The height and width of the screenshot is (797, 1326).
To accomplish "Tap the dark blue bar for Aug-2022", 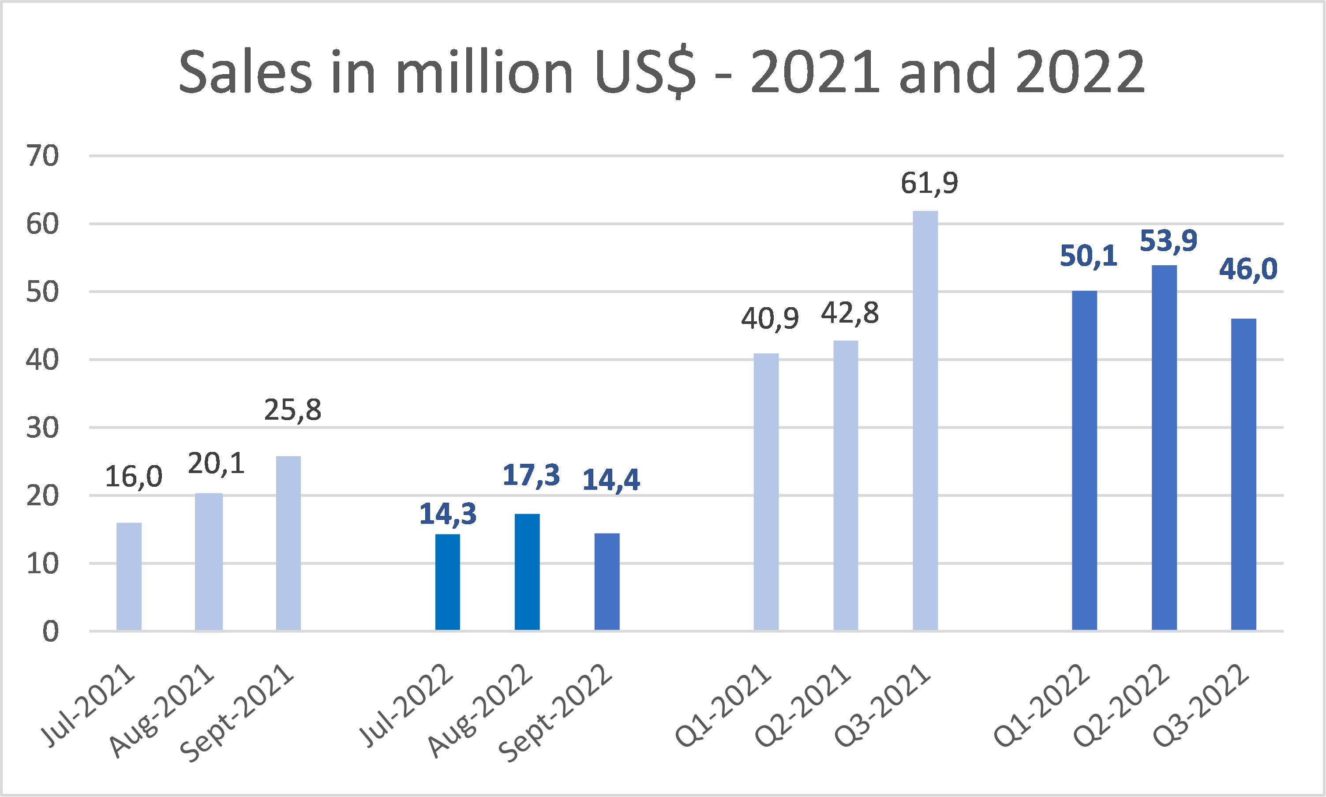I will click(x=527, y=572).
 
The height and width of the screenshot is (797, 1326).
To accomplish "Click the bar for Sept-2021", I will click(x=288, y=543).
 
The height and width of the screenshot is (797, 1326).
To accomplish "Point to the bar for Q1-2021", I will click(x=766, y=492).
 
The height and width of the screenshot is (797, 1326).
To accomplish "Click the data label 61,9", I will click(x=929, y=183).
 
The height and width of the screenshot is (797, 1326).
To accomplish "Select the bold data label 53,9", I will click(x=1168, y=240).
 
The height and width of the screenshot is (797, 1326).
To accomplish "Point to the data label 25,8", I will click(x=292, y=410).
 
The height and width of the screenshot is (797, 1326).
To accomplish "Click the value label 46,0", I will click(x=1248, y=268).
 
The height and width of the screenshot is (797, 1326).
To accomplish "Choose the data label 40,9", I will click(x=770, y=319).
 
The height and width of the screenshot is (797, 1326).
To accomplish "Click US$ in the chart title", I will click(x=645, y=72).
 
